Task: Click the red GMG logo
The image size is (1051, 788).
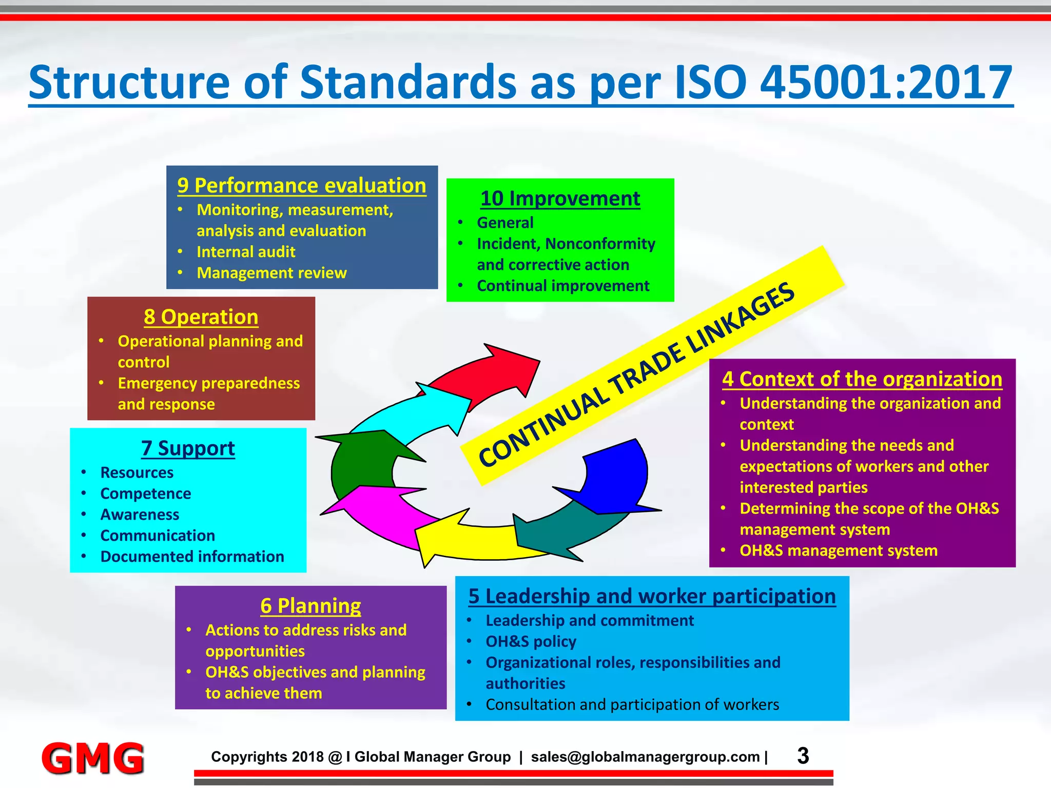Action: point(93,758)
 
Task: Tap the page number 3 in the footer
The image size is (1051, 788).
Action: point(803,756)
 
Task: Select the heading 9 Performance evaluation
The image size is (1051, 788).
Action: point(302,186)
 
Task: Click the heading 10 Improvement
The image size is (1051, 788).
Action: point(560,199)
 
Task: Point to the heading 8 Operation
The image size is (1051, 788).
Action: point(201,317)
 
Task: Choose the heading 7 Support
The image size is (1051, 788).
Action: point(188,448)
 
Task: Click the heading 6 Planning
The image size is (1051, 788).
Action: point(310,606)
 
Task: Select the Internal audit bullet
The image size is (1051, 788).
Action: point(246,252)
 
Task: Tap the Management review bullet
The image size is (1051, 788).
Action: point(271,273)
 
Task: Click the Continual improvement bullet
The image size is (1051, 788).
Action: point(563,286)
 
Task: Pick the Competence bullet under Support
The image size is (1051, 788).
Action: point(146,494)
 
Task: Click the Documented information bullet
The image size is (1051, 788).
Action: point(192,557)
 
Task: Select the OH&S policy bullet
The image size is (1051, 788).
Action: point(531,642)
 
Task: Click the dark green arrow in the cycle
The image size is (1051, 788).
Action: point(359,462)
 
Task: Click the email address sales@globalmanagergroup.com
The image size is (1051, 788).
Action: point(645,757)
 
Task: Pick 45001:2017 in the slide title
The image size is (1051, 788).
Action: point(885,82)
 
